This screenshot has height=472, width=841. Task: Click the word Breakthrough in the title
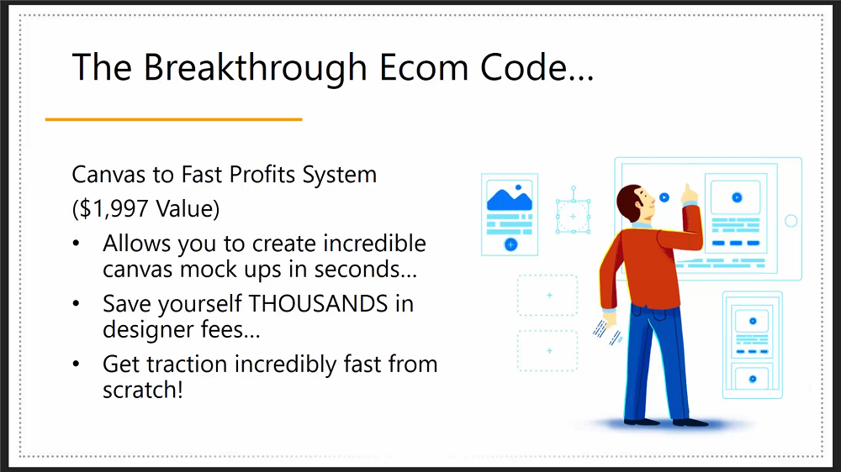pyautogui.click(x=255, y=69)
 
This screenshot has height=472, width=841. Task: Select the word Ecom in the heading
pyautogui.click(x=424, y=67)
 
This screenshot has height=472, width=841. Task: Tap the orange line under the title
pyautogui.click(x=174, y=119)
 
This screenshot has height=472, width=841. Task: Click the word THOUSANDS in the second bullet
pyautogui.click(x=318, y=304)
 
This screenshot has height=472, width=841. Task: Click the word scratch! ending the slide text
pyautogui.click(x=143, y=390)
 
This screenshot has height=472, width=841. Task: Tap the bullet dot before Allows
pyautogui.click(x=77, y=244)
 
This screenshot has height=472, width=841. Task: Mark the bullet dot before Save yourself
pyautogui.click(x=77, y=304)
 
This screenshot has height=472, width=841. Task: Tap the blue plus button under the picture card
pyautogui.click(x=510, y=245)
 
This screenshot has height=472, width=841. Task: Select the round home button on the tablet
pyautogui.click(x=791, y=221)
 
